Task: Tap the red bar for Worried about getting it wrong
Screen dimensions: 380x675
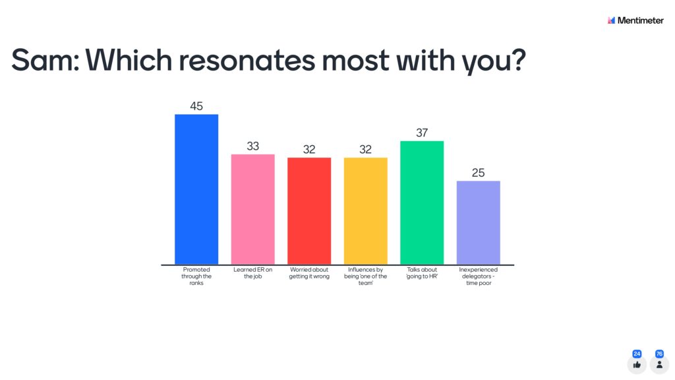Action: pos(309,211)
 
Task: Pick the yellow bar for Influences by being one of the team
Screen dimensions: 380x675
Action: pos(365,211)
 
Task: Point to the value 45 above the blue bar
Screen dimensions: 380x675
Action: pos(196,106)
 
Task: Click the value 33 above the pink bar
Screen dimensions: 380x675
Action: pos(252,146)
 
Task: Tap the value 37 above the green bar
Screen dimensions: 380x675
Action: pos(422,133)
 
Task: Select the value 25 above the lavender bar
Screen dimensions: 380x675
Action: pos(479,173)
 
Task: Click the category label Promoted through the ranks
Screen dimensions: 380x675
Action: pos(196,276)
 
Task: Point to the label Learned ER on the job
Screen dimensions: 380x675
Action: pos(252,273)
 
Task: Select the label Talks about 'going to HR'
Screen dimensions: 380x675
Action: pos(422,273)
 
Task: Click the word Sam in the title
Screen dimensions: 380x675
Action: pos(43,61)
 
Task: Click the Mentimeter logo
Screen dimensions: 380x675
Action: pos(635,20)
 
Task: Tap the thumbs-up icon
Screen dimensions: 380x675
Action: pos(637,364)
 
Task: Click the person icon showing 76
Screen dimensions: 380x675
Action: pos(659,364)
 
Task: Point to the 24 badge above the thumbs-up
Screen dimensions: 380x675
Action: pos(637,354)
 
